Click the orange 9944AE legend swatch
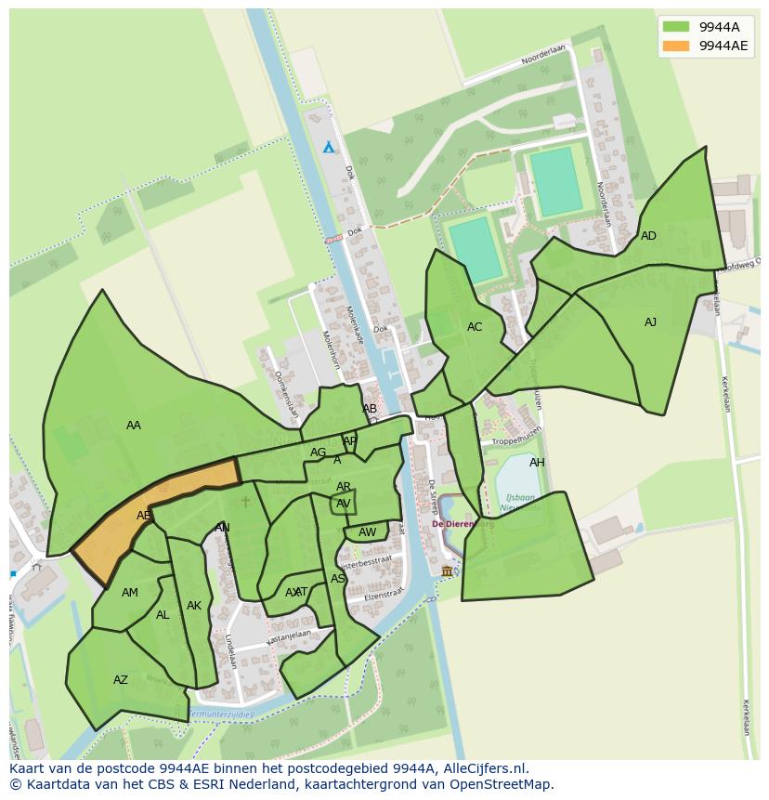tap(676, 46)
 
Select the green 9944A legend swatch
tap(676, 26)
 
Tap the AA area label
tap(134, 426)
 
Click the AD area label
tap(648, 236)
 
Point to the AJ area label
tap(650, 322)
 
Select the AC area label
tap(475, 327)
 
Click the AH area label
tap(537, 463)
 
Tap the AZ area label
tap(121, 680)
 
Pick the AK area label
tap(193, 606)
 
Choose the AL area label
tap(163, 615)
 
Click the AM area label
tap(130, 593)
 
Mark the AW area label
tap(368, 532)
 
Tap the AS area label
tap(338, 579)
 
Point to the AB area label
tap(370, 409)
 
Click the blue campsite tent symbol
tap(328, 147)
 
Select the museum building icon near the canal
tap(447, 570)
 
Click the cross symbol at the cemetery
tap(245, 502)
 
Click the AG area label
tap(319, 452)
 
